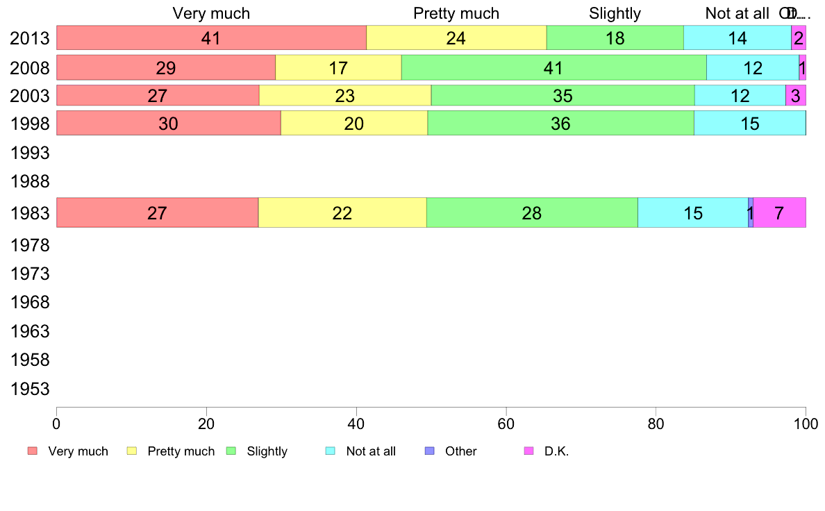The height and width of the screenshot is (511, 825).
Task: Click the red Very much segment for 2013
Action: click(211, 38)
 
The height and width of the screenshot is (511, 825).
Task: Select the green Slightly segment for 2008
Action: click(553, 68)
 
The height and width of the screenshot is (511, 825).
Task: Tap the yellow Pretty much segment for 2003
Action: click(345, 96)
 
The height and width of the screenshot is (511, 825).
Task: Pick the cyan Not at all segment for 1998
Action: click(749, 124)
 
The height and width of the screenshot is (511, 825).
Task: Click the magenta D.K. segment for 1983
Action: click(779, 213)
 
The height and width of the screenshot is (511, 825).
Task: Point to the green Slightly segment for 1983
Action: click(532, 213)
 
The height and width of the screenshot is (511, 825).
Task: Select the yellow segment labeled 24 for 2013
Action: click(456, 38)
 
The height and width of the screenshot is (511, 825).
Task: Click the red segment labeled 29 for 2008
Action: click(166, 68)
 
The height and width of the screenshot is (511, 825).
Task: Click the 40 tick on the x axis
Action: click(356, 423)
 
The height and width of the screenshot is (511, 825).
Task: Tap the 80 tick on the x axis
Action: click(656, 423)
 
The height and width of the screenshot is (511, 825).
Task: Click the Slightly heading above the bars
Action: click(615, 13)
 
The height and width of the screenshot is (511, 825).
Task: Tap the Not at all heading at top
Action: click(737, 13)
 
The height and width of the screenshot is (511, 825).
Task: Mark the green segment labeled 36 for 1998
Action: click(560, 124)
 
